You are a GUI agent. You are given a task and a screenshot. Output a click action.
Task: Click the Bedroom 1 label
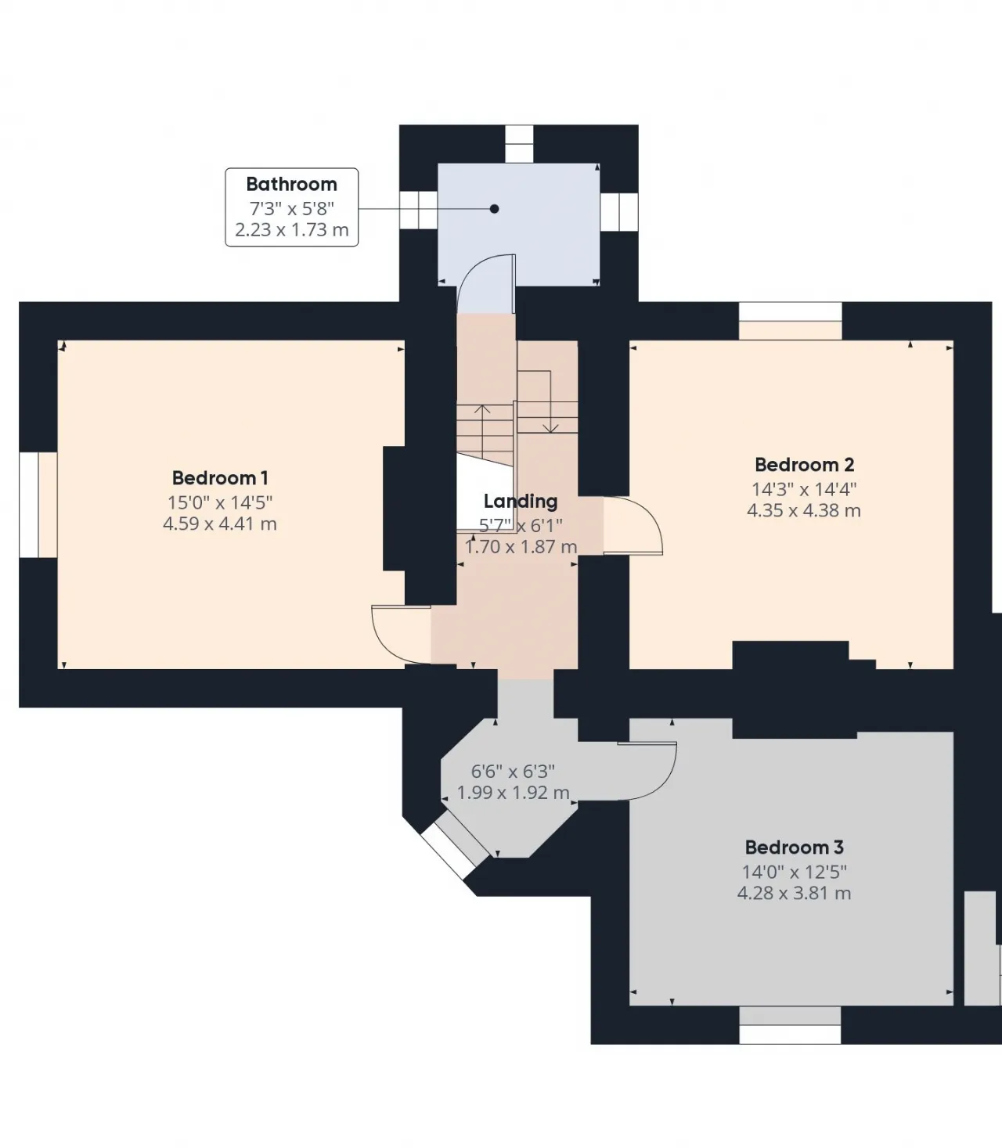point(220,478)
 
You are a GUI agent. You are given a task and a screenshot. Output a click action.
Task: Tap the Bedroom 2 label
point(805,465)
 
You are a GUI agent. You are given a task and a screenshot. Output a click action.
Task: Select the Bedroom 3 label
point(795,848)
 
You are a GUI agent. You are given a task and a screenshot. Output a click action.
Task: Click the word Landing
point(521,501)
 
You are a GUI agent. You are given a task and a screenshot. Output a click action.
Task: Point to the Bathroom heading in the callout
point(292,184)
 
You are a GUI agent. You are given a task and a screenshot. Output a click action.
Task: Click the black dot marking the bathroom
point(494,209)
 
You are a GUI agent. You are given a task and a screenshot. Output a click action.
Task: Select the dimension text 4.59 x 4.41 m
point(220,524)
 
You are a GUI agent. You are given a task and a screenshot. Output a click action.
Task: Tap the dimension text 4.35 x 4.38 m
point(805,510)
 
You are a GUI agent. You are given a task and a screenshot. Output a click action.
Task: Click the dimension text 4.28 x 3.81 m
point(795,893)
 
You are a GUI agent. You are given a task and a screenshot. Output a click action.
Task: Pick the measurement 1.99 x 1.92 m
point(513,793)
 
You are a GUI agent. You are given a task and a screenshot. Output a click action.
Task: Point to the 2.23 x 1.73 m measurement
point(292,230)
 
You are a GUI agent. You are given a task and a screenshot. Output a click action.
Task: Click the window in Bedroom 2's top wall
point(791,321)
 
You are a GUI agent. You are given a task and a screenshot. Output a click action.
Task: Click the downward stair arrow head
point(550,428)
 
